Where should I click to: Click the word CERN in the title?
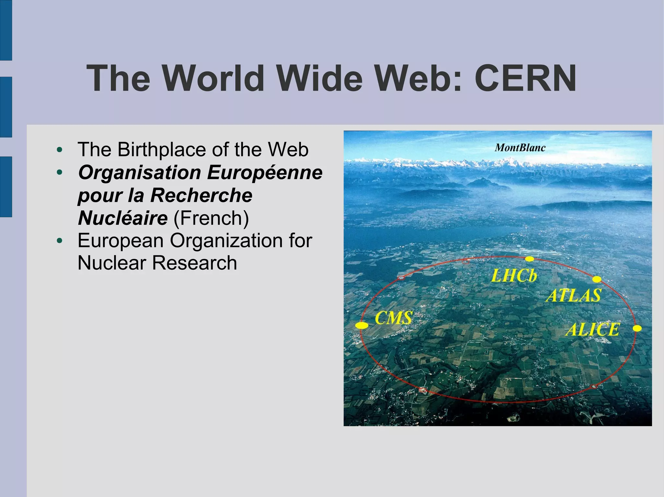coord(525,78)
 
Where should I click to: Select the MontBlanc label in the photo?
coord(520,148)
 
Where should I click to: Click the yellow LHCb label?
coord(514,276)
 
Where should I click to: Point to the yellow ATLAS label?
coord(574,295)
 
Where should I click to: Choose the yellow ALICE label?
coord(592,330)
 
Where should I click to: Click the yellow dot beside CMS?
coord(362,325)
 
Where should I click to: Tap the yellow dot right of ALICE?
coord(637,328)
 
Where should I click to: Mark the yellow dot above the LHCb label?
coord(529,259)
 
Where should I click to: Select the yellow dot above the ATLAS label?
coord(597,279)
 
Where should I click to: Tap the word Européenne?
coord(265,172)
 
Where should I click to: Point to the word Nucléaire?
coord(123,218)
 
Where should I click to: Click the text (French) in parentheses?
coord(211,218)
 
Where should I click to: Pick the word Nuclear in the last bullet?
coord(112,263)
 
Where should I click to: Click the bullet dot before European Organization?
coord(59,241)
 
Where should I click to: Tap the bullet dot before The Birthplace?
coord(59,150)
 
